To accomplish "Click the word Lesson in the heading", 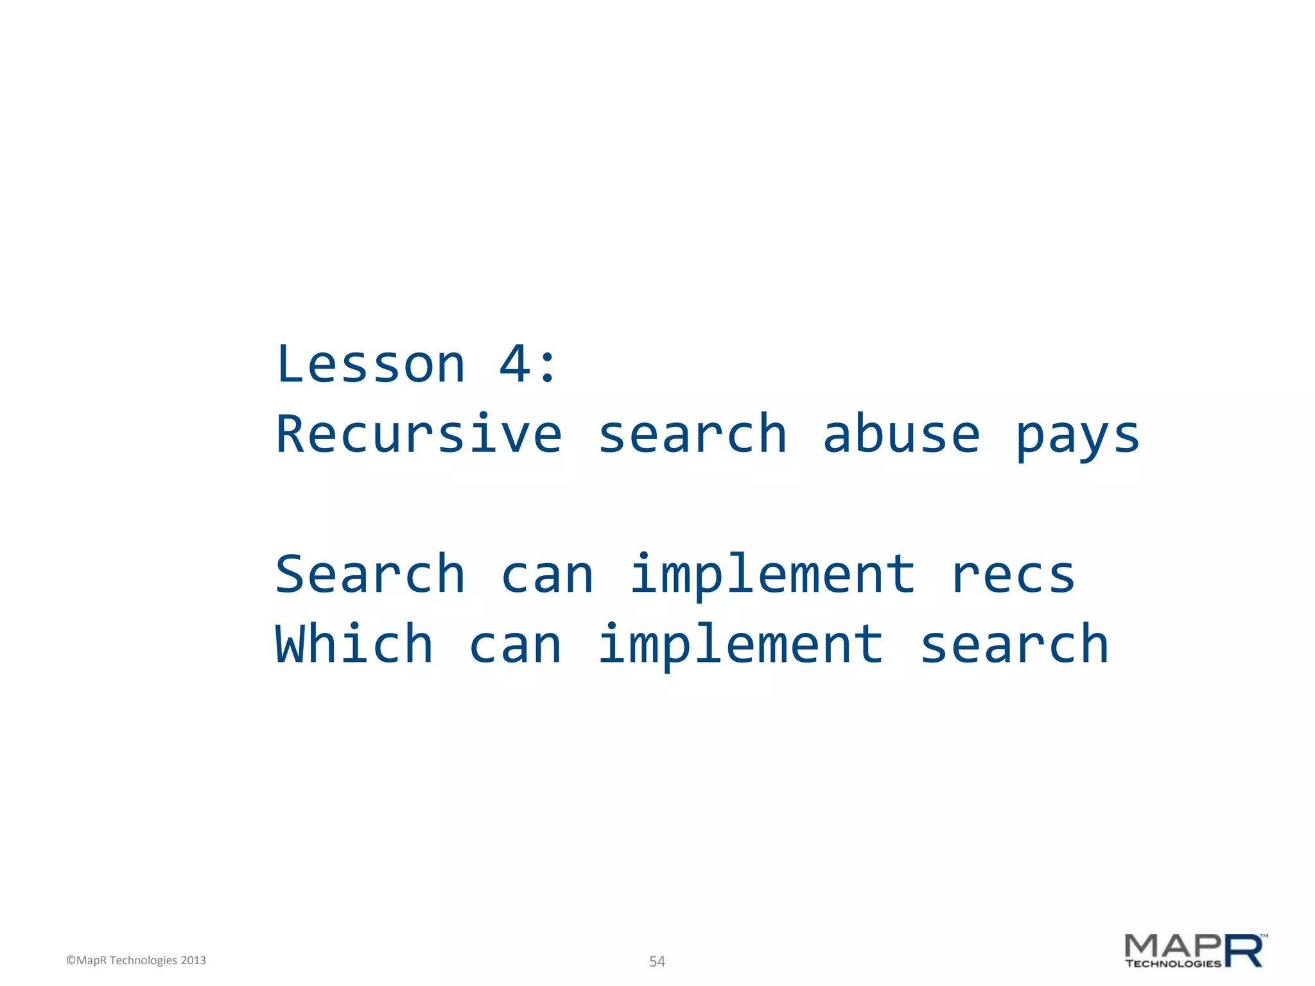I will [x=370, y=365].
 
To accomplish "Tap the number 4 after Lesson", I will [x=515, y=365].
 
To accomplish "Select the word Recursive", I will [x=419, y=435].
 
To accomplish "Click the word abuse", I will [x=901, y=435].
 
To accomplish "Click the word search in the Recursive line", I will [x=692, y=435].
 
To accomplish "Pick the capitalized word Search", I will [x=370, y=575].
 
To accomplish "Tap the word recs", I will [x=1013, y=575].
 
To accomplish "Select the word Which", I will [x=354, y=644].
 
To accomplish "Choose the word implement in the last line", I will [x=740, y=646].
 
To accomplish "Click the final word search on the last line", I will [x=1014, y=644].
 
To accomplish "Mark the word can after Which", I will [x=516, y=646].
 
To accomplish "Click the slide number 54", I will [x=657, y=962].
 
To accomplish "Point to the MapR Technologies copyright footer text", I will [x=136, y=960].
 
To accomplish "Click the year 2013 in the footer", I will [x=193, y=960].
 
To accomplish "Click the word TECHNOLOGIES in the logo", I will [x=1172, y=964].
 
